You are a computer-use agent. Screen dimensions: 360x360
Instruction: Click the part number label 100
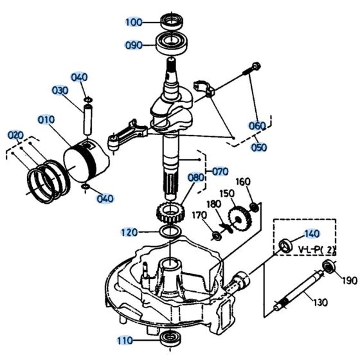[133, 22]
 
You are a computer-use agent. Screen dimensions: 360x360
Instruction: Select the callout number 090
[133, 45]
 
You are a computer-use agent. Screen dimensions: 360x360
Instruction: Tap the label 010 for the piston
[46, 120]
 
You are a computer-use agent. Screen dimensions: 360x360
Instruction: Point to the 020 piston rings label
[15, 135]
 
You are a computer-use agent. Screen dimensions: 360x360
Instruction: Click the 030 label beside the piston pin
[60, 91]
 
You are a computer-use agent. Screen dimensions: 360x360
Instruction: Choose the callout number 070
[220, 172]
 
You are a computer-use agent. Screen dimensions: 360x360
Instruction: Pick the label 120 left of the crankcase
[129, 231]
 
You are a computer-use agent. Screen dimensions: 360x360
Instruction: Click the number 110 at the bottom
[125, 339]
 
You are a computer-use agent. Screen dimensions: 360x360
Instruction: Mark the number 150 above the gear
[228, 194]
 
